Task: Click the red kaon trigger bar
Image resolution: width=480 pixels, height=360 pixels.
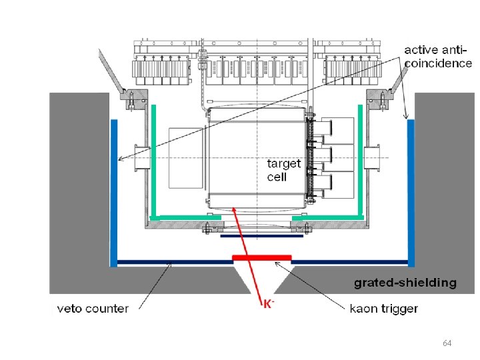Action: [x=261, y=257]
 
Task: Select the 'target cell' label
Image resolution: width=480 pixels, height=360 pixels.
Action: [x=283, y=169]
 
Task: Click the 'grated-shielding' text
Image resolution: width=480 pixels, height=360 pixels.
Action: [x=405, y=283]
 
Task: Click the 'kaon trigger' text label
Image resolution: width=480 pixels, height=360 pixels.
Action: [x=383, y=308]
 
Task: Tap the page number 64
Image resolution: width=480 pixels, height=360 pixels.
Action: [x=447, y=343]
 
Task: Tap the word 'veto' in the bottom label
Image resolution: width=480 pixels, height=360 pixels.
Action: [x=69, y=308]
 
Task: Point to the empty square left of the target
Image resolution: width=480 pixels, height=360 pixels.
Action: [x=185, y=157]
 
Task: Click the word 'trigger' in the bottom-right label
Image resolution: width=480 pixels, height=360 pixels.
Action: [x=400, y=308]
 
